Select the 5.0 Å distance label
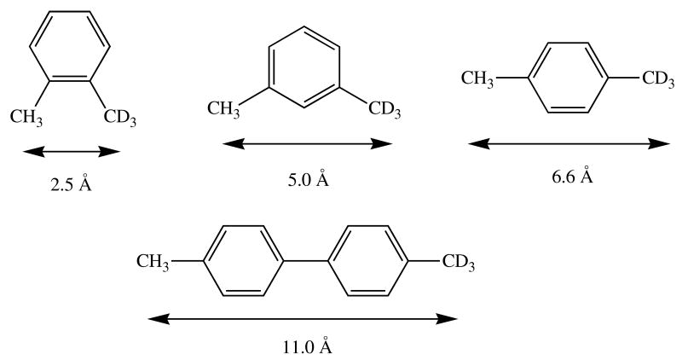pos(308,180)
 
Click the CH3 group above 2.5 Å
pos(27,115)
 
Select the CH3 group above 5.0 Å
pos(224,109)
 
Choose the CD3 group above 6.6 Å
pos(659,79)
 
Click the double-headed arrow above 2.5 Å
pos(72,152)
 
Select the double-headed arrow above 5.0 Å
pos(307,144)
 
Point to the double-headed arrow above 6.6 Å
pos(569,143)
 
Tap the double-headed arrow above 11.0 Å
pos(303,320)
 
